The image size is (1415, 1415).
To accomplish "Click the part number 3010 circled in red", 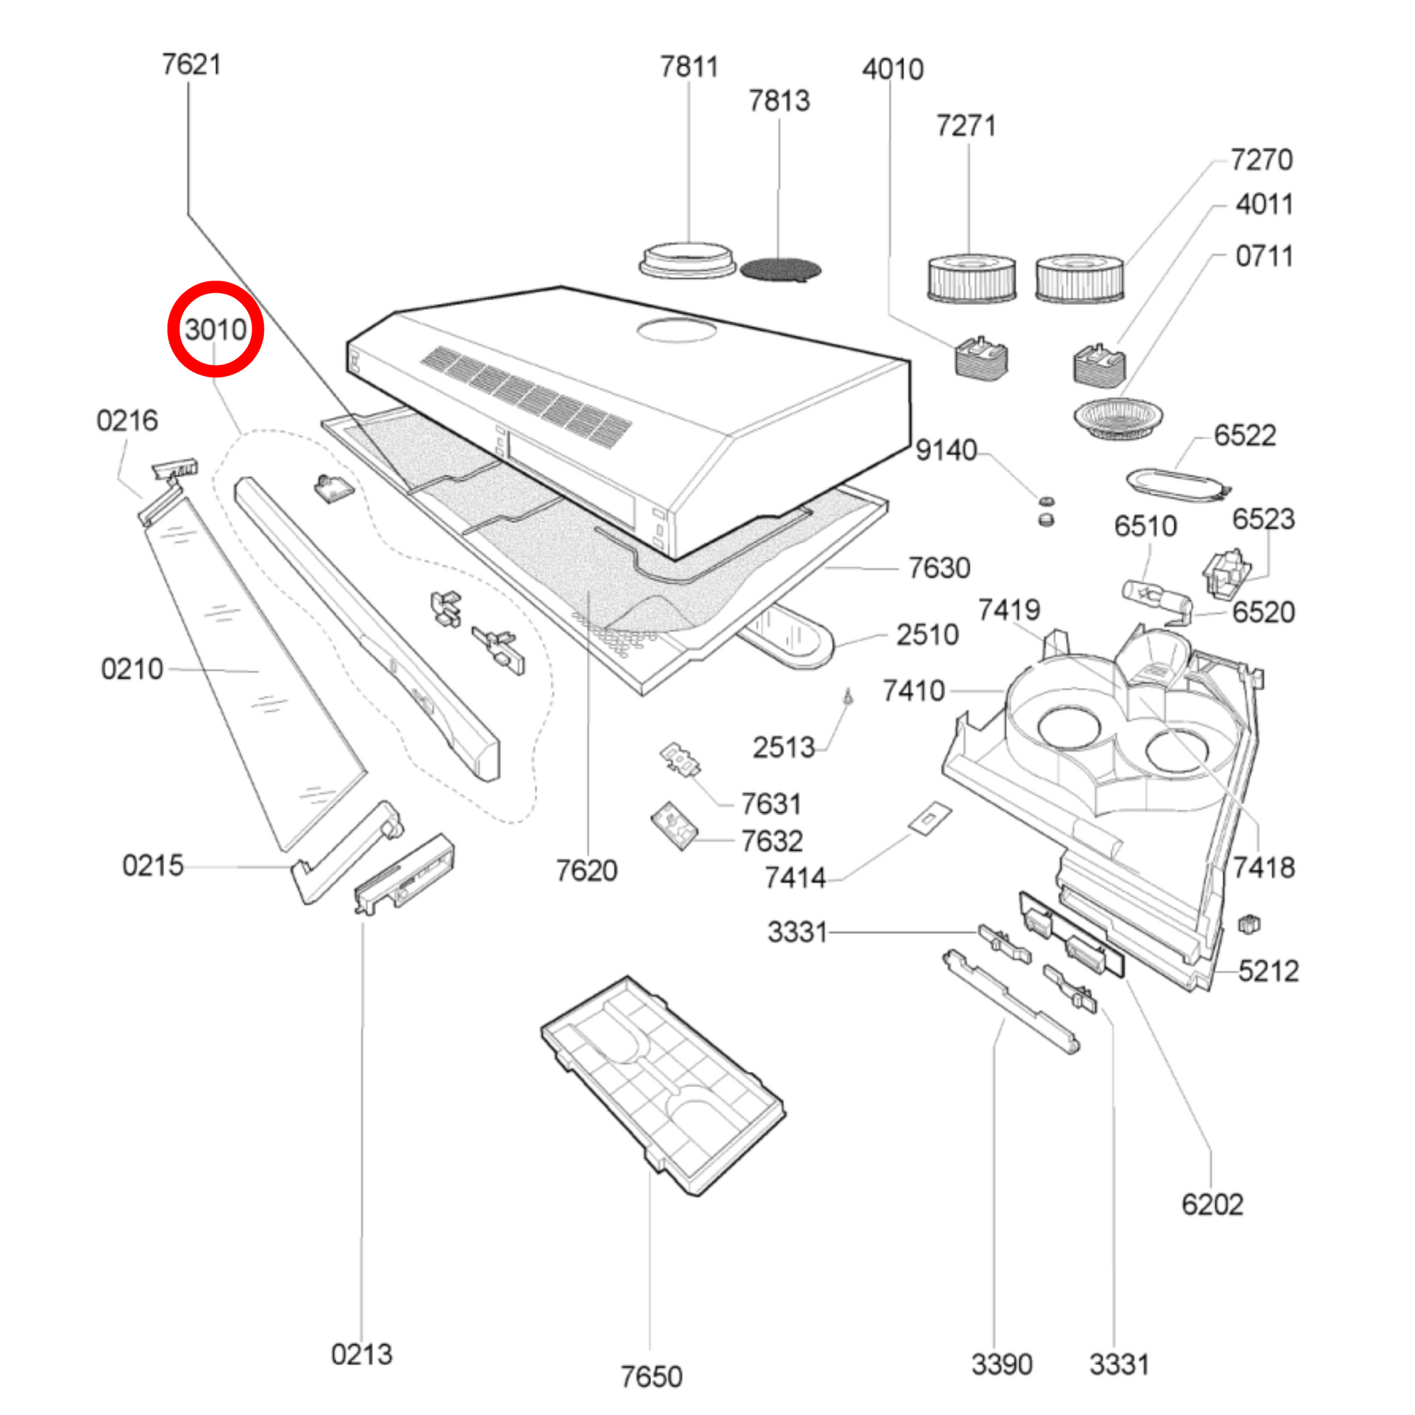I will point(215,329).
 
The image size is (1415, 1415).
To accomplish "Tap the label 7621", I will point(191,65).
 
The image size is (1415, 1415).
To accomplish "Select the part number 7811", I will point(689,68).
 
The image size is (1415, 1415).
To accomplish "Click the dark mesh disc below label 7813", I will point(781,270).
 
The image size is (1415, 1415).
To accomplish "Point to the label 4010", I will point(892,70).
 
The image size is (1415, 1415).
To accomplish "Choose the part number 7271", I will point(966,126).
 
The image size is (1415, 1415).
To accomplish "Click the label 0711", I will point(1264,257).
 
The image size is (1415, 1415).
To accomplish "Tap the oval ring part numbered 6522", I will point(1177,485).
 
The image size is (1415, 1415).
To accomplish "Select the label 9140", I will point(946,449).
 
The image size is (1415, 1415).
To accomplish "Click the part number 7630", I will point(939,568).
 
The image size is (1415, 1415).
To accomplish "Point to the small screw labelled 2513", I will point(848,695).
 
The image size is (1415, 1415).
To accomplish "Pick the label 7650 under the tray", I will point(651,1377).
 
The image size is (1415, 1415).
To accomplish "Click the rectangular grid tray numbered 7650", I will point(663,1084).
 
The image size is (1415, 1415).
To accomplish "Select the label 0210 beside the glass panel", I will point(132,669).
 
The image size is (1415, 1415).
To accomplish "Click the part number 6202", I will point(1212,1205).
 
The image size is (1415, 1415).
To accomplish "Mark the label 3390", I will point(1001,1364).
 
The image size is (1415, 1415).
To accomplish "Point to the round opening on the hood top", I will point(676,330).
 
